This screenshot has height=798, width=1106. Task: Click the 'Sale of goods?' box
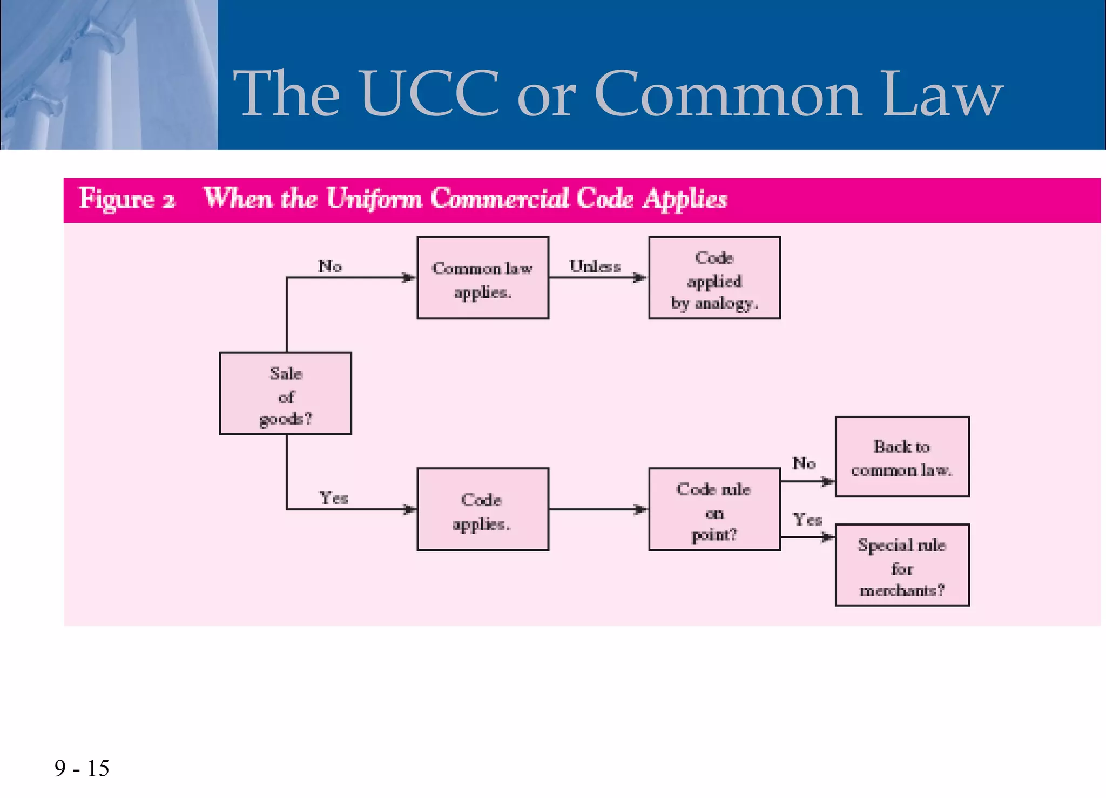point(285,393)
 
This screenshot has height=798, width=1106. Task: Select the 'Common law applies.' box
point(483,278)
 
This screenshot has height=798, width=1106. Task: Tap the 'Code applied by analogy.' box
point(714,278)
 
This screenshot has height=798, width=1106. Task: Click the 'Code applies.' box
point(483,509)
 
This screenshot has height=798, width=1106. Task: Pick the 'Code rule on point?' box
point(714,509)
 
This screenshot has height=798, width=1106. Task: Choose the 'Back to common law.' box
point(902,457)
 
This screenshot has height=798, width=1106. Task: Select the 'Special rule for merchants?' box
point(902,565)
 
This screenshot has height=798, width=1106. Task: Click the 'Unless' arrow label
point(595,266)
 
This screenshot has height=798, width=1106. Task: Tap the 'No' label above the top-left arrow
point(329,266)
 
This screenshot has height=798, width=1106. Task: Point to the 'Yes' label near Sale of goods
point(333,497)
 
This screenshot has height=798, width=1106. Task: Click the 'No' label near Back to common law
point(804,463)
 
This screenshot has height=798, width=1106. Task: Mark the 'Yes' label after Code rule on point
point(807,520)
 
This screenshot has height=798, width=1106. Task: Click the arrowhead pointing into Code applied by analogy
point(640,278)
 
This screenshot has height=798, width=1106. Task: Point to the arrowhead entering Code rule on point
point(640,509)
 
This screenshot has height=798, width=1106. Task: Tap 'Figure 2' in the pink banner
point(127,199)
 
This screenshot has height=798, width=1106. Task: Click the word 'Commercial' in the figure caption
point(500,198)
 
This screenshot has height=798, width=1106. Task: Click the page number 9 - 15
point(82,768)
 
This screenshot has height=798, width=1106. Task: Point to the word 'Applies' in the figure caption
point(685,199)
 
